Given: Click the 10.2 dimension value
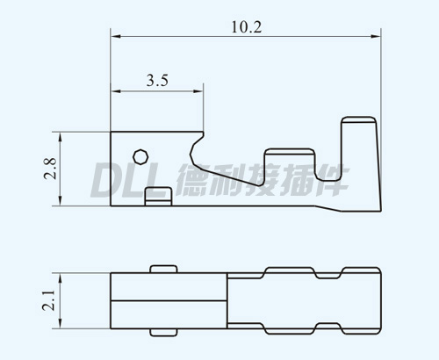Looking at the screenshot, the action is coord(247,27).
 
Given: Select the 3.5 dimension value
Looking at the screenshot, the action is coord(157,81).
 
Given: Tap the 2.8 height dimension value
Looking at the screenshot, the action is coord(50,169).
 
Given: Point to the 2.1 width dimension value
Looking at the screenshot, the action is coord(48,300).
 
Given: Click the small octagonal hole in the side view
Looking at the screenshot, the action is coord(140,157).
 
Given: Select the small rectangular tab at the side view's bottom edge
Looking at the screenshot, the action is coord(159,197).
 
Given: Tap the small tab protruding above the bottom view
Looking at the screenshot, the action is coord(163,269).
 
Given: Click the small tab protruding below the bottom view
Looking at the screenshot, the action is coord(163,332).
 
